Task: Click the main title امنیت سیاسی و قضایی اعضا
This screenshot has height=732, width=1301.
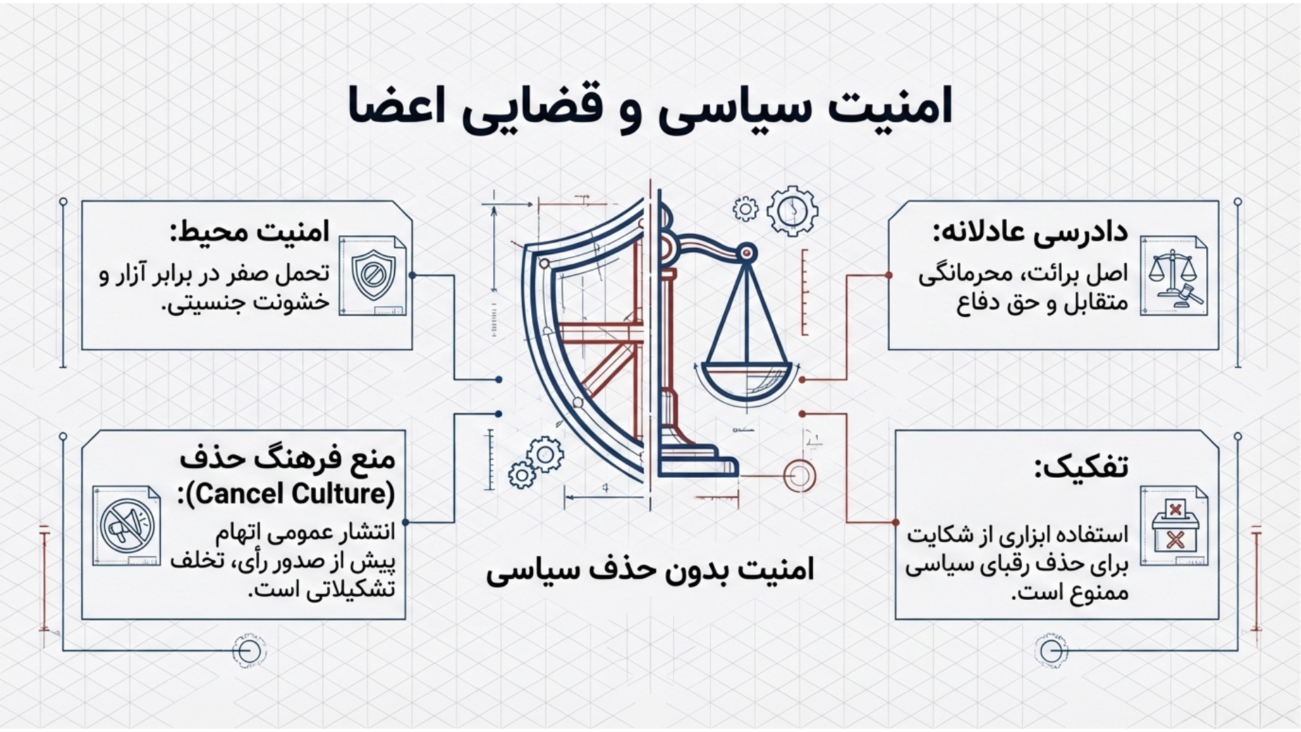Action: point(650,106)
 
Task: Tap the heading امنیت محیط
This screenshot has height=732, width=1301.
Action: point(249,232)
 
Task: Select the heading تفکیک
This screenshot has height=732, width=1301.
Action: point(1081,467)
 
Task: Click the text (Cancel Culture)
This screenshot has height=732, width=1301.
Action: point(287,493)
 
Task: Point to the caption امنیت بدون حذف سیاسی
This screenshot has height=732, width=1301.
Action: point(650,570)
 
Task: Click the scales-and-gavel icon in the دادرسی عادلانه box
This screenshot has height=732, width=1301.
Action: point(1174,276)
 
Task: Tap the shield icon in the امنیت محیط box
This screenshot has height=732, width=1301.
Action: point(372,276)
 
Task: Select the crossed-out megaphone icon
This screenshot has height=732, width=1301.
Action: point(126,526)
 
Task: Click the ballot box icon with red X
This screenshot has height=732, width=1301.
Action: point(1174,526)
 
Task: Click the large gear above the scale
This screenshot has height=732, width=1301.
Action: point(791,211)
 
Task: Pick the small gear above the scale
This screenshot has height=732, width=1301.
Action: point(745,209)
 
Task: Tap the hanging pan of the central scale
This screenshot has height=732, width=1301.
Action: point(746,382)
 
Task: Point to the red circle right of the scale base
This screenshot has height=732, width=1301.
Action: point(800,475)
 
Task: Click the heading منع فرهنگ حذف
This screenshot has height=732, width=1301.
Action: point(287,460)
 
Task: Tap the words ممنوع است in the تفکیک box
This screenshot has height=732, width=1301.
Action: point(1070,594)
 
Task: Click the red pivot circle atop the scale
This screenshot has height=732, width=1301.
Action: point(747,253)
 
